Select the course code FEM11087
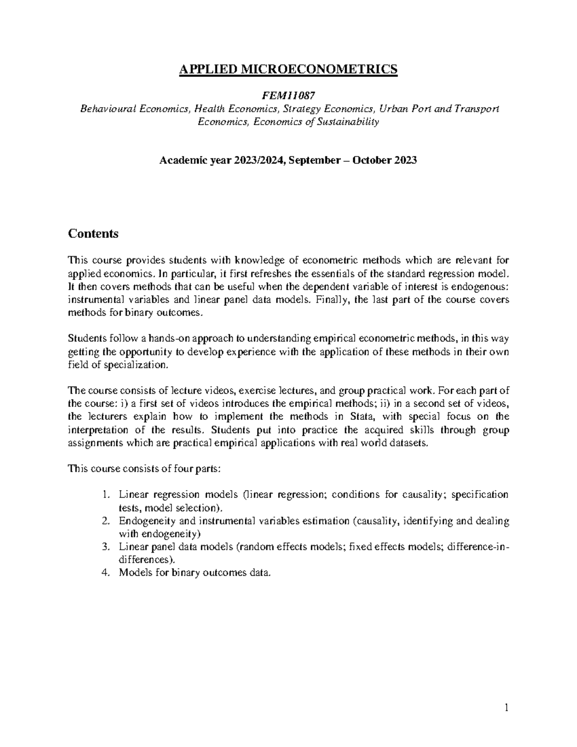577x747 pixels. pyautogui.click(x=288, y=95)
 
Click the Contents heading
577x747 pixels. pyautogui.click(x=93, y=234)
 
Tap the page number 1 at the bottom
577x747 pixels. pyautogui.click(x=506, y=708)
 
